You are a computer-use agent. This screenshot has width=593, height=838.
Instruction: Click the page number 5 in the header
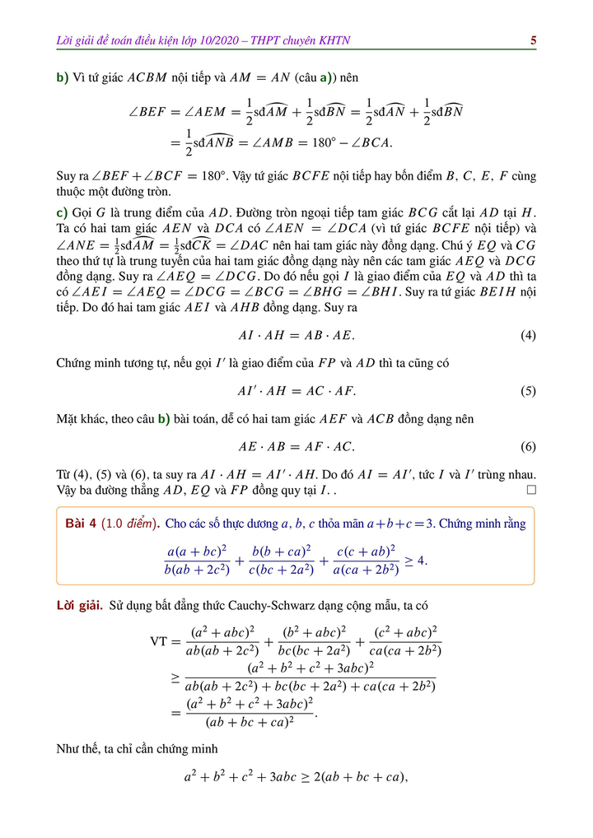pyautogui.click(x=534, y=40)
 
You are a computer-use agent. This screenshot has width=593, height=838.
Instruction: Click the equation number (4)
pyautogui.click(x=528, y=336)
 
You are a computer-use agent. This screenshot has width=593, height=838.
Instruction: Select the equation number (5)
pyautogui.click(x=528, y=391)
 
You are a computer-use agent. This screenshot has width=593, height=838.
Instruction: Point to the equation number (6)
pyautogui.click(x=528, y=447)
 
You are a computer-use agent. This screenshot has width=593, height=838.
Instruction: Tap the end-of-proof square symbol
pyautogui.click(x=531, y=490)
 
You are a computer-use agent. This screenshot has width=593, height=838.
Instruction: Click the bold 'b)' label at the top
pyautogui.click(x=63, y=78)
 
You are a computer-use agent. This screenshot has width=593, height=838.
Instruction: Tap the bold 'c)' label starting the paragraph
pyautogui.click(x=62, y=212)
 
